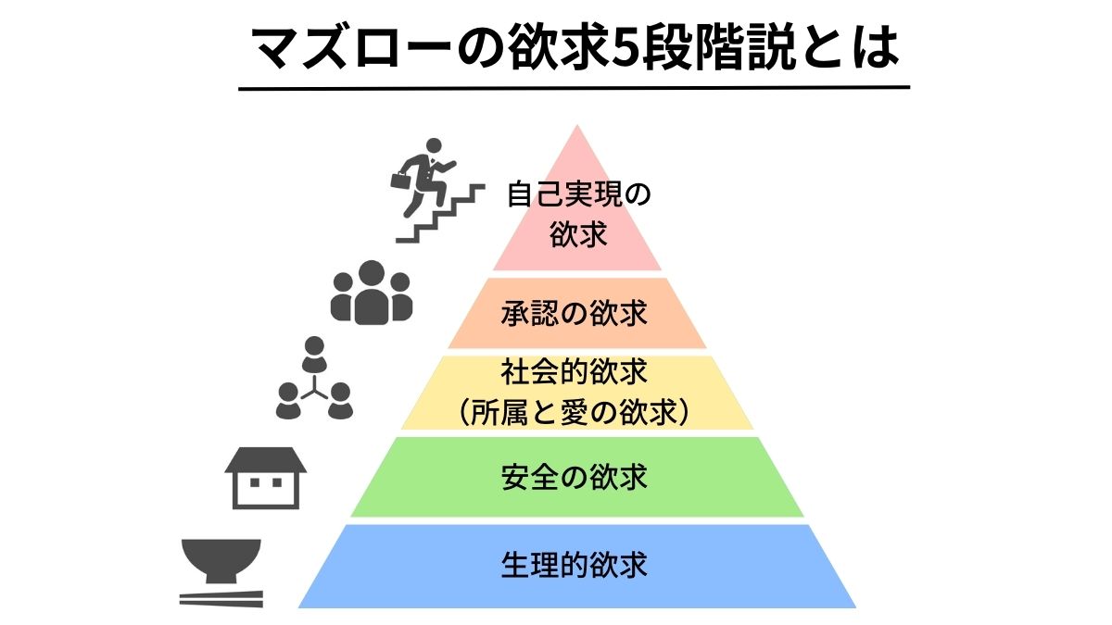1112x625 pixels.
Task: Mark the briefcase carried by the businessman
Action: pyautogui.click(x=400, y=180)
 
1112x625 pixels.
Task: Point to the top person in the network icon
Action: pyautogui.click(x=315, y=352)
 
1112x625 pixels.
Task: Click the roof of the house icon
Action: pyautogui.click(x=265, y=458)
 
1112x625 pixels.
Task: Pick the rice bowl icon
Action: pyautogui.click(x=221, y=561)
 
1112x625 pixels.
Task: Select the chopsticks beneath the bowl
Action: pyautogui.click(x=221, y=599)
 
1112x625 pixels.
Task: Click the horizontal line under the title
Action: pyautogui.click(x=574, y=88)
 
